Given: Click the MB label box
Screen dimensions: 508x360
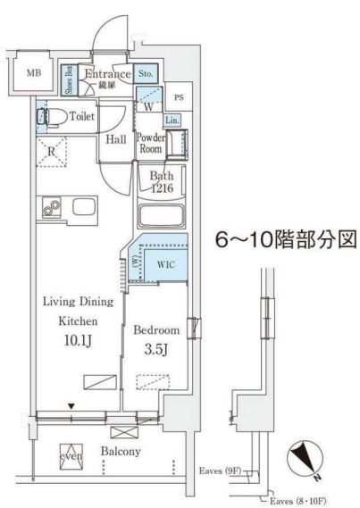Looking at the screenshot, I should click(32, 73).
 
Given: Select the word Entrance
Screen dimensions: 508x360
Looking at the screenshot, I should click(107, 74).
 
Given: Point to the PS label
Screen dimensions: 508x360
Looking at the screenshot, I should click(179, 98).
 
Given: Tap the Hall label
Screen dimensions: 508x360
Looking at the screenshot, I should click(115, 139).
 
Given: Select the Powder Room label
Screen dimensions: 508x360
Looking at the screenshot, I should click(149, 144).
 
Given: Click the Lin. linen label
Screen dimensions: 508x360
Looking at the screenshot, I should click(172, 121).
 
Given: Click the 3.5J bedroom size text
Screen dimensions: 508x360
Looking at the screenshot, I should click(155, 348).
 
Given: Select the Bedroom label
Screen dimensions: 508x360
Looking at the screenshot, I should click(156, 330).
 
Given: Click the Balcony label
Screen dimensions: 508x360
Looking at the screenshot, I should click(121, 452).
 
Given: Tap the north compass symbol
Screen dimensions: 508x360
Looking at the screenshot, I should click(305, 458).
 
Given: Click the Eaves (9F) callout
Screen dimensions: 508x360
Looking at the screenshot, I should click(220, 470).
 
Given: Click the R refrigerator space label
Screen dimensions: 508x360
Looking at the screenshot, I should click(52, 152).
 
